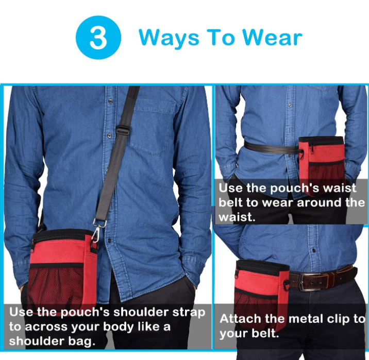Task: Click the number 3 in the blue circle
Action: (x=98, y=38)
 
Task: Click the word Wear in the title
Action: (x=272, y=37)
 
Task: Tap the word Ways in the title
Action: (x=169, y=39)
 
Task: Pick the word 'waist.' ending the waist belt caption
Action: (x=237, y=217)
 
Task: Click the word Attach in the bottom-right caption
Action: (x=241, y=319)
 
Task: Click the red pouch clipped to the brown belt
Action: (x=262, y=294)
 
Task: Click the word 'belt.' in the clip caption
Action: (x=265, y=333)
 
